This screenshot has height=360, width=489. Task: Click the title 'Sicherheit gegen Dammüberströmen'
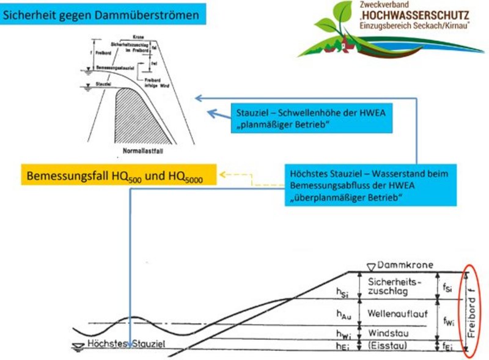pyautogui.click(x=101, y=15)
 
